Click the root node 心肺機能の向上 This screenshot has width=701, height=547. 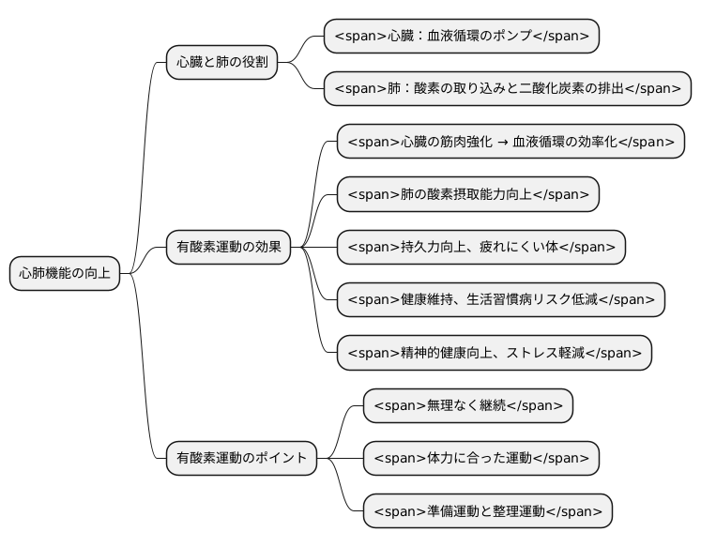click(x=65, y=274)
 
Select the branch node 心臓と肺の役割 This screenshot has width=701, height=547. click(x=221, y=64)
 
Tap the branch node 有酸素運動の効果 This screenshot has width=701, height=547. click(x=228, y=248)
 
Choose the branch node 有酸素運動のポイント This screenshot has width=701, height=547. click(x=241, y=458)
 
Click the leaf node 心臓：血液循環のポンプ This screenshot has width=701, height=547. click(x=461, y=37)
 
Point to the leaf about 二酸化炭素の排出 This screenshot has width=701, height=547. click(x=508, y=89)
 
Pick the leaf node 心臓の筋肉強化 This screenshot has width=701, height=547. click(x=511, y=142)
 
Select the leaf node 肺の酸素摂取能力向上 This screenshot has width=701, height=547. click(x=467, y=194)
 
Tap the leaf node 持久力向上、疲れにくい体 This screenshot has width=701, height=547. click(x=480, y=247)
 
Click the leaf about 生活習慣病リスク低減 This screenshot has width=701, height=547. click(x=501, y=299)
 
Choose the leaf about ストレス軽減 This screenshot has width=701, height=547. click(x=495, y=353)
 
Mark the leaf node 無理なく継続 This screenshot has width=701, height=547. click(x=467, y=405)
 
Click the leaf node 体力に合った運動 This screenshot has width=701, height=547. click(x=480, y=458)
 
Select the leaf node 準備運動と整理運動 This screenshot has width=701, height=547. click(x=487, y=511)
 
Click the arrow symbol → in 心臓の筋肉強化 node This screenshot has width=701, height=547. click(x=503, y=142)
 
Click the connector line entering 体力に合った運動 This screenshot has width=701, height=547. click(x=340, y=458)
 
